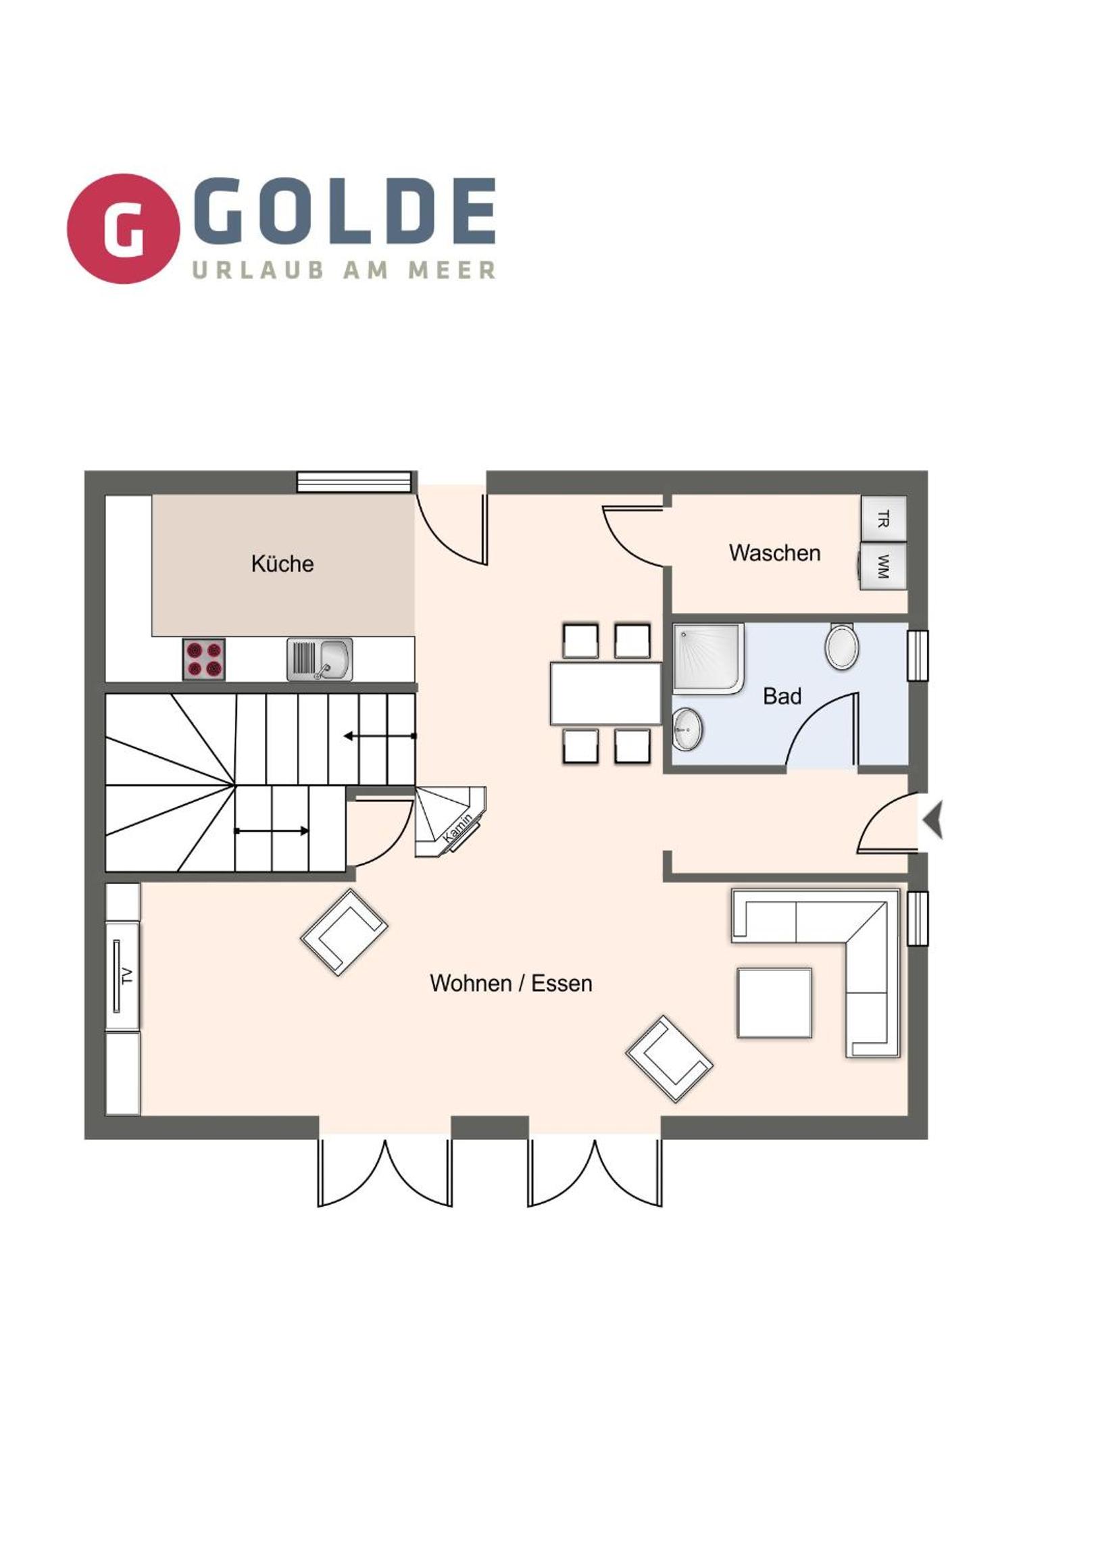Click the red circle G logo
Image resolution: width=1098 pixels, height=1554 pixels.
pos(123,229)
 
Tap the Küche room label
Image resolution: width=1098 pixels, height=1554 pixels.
pos(282,563)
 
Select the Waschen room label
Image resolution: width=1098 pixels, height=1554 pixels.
pos(774,553)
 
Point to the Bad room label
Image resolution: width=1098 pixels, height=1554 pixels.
pos(782,696)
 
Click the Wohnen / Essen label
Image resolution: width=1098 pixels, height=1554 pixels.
pos(511,984)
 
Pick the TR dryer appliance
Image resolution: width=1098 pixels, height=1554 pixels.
pos(883,519)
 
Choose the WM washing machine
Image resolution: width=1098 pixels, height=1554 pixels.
pos(883,566)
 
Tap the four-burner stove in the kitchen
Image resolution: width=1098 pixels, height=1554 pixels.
pos(204,659)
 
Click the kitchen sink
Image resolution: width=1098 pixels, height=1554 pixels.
pos(320,659)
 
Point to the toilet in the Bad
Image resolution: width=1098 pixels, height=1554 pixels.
pos(841,647)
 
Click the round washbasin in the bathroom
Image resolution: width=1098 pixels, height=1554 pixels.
pos(688,730)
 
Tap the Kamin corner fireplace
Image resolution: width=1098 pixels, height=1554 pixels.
pos(449,822)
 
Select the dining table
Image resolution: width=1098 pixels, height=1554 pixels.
pos(606,694)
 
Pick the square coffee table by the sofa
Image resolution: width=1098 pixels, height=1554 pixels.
pos(774,1003)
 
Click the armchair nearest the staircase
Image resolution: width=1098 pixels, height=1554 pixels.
pos(344,932)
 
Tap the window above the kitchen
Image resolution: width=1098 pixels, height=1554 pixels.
pos(355,482)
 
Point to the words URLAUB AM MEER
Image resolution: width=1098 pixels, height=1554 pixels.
pos(344,270)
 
